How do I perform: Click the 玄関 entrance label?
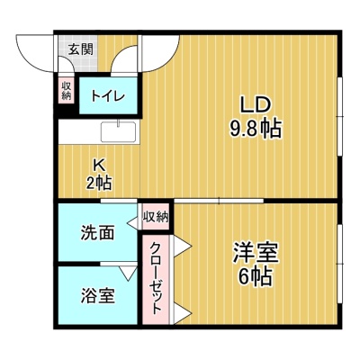point(81,49)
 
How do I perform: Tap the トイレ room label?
point(108,95)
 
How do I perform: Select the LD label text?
point(256,105)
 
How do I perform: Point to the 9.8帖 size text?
point(256,129)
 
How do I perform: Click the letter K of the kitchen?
point(99,164)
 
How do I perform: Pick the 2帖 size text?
point(99,182)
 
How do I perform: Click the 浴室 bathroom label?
point(98,295)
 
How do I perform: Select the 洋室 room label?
point(256,253)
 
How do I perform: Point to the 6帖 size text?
point(256,276)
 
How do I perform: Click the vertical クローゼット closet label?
point(156,278)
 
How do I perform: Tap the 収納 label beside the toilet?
point(66,90)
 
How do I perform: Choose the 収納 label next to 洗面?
point(156,217)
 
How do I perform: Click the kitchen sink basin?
point(118,131)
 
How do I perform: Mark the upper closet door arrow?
point(183,247)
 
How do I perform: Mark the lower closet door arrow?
point(183,314)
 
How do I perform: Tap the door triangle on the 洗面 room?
point(132,223)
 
